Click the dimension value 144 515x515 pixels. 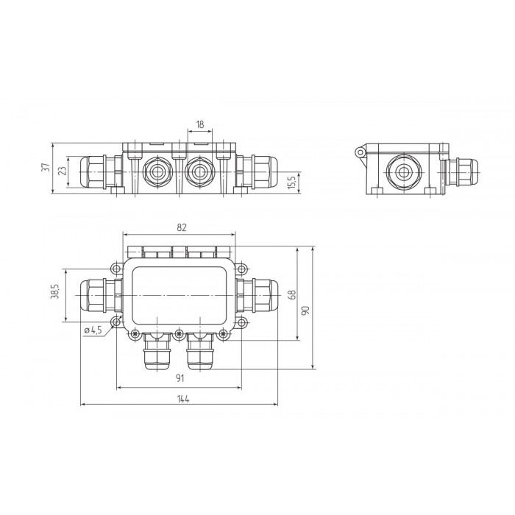pos(183,399)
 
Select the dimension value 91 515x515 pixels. pos(180,378)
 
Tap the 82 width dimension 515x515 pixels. pos(182,227)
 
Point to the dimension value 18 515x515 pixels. pos(199,124)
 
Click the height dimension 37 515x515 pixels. pos(47,167)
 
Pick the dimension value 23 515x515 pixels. pos(63,170)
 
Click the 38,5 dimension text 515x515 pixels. pos(55,291)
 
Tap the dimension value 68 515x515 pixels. pos(293,294)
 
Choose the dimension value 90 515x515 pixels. pos(306,310)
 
